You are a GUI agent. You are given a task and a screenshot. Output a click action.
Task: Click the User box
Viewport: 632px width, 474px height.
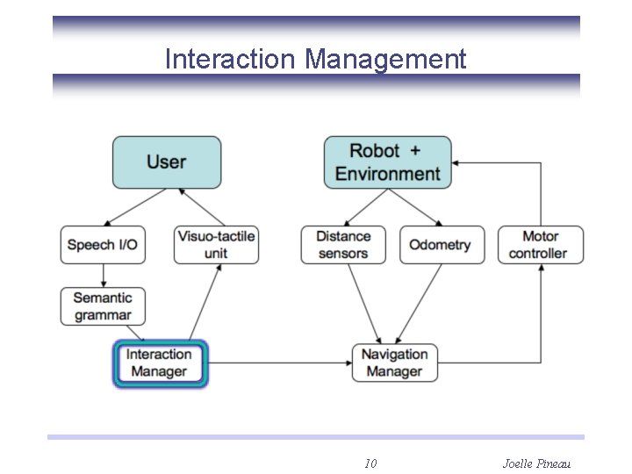(x=167, y=162)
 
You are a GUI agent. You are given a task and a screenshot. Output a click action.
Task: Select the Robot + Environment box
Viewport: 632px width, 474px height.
(x=387, y=162)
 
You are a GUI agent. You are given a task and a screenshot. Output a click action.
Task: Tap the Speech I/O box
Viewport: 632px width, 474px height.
(x=103, y=245)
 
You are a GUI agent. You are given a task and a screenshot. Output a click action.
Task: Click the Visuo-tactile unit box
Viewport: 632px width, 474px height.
(x=216, y=245)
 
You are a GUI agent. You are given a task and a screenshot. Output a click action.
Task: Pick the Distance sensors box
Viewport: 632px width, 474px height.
(x=343, y=245)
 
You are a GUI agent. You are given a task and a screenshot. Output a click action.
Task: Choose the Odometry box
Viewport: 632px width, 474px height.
(x=442, y=245)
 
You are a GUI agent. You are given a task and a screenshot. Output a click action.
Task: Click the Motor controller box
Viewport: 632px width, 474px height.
(x=539, y=245)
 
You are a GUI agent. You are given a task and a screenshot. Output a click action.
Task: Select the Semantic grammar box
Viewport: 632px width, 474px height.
(x=103, y=306)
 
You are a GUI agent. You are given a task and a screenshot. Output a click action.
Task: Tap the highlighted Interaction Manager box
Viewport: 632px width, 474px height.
(x=160, y=363)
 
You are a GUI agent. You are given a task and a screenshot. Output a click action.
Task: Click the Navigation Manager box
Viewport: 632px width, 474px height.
(x=394, y=363)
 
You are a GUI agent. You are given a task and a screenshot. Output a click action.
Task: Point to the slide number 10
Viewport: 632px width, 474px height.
(x=370, y=463)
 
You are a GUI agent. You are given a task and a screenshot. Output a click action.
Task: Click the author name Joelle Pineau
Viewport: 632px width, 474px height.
(x=536, y=463)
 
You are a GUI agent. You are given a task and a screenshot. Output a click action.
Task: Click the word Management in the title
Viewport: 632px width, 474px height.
(x=385, y=59)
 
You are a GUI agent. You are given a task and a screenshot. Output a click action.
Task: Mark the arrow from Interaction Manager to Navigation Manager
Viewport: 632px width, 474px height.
(x=281, y=363)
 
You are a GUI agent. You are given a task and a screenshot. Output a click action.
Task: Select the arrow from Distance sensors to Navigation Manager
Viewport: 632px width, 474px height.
(x=363, y=300)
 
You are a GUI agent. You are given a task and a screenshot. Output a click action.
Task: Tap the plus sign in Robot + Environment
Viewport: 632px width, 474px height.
(x=415, y=151)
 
